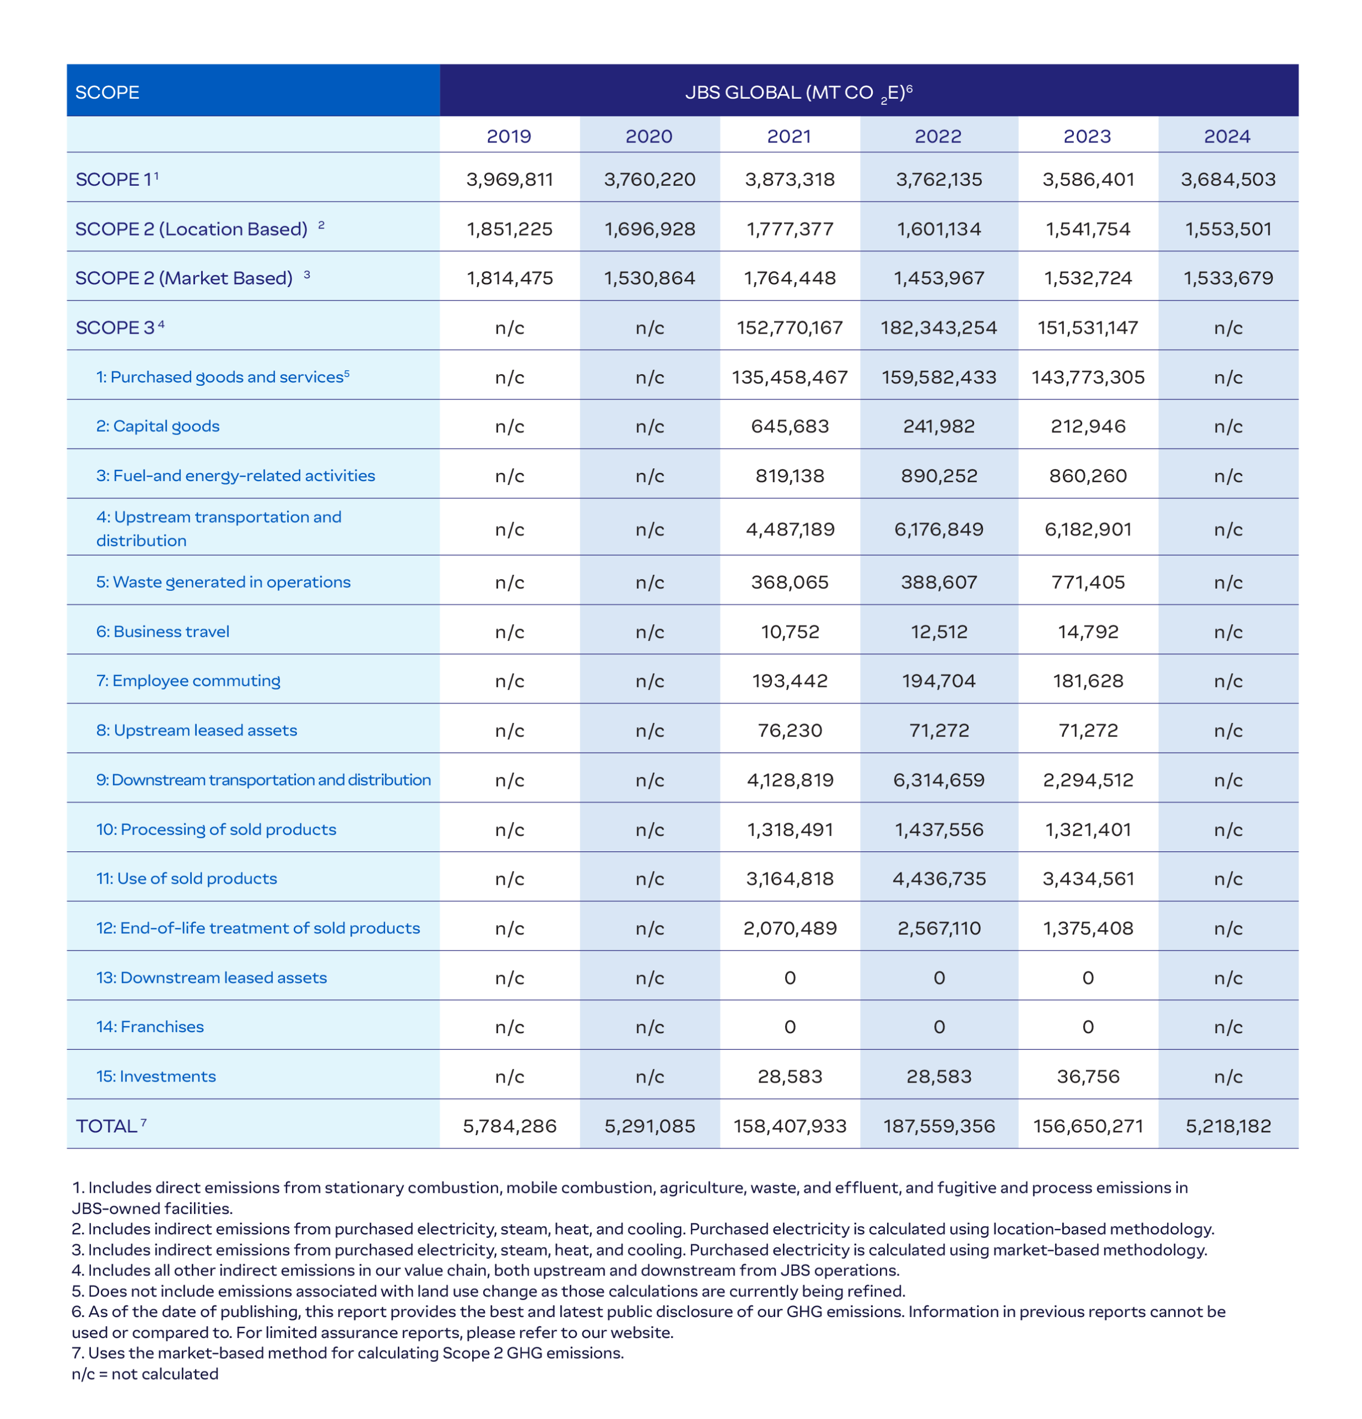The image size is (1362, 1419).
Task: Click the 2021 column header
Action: pos(789,136)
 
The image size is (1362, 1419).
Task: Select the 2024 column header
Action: pos(1227,136)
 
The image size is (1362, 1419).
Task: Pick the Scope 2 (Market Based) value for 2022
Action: pos(939,278)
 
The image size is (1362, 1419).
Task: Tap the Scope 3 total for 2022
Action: pos(939,328)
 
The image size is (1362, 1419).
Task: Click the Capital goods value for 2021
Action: pos(790,426)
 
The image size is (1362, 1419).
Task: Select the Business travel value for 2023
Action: pos(1088,632)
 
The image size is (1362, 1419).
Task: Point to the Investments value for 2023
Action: pos(1088,1076)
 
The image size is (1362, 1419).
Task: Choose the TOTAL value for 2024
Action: pos(1228,1126)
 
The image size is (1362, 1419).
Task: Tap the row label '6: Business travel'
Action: pos(163,632)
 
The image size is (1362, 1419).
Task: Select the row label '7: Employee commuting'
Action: pos(188,681)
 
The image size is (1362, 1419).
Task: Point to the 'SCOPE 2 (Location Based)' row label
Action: pos(192,229)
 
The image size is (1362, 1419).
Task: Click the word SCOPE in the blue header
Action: pos(107,93)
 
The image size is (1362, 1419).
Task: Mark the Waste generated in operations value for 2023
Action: pos(1088,583)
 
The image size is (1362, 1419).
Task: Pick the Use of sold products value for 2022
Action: pos(939,879)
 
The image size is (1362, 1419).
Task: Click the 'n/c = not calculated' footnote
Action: pos(145,1374)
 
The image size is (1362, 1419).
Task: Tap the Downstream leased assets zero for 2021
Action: pos(790,978)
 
